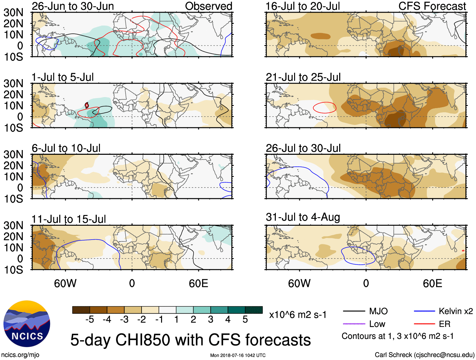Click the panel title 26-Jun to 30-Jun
tap(73, 6)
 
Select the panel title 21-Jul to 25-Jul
tap(303, 77)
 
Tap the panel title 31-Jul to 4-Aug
tap(303, 217)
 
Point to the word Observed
tap(208, 6)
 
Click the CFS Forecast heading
tap(432, 6)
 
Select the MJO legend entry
tap(378, 311)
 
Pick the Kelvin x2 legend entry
tap(456, 311)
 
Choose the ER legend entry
tap(444, 324)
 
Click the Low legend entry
tap(377, 324)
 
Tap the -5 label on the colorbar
tap(90, 320)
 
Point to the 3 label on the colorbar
tap(211, 320)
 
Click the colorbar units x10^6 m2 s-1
tap(298, 315)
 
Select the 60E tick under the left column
tap(198, 283)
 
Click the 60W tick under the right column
tap(299, 283)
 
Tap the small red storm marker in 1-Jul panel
tap(87, 105)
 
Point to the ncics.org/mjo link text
tap(20, 355)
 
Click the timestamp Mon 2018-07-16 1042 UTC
tap(238, 355)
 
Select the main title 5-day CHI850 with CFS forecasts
tap(190, 340)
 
